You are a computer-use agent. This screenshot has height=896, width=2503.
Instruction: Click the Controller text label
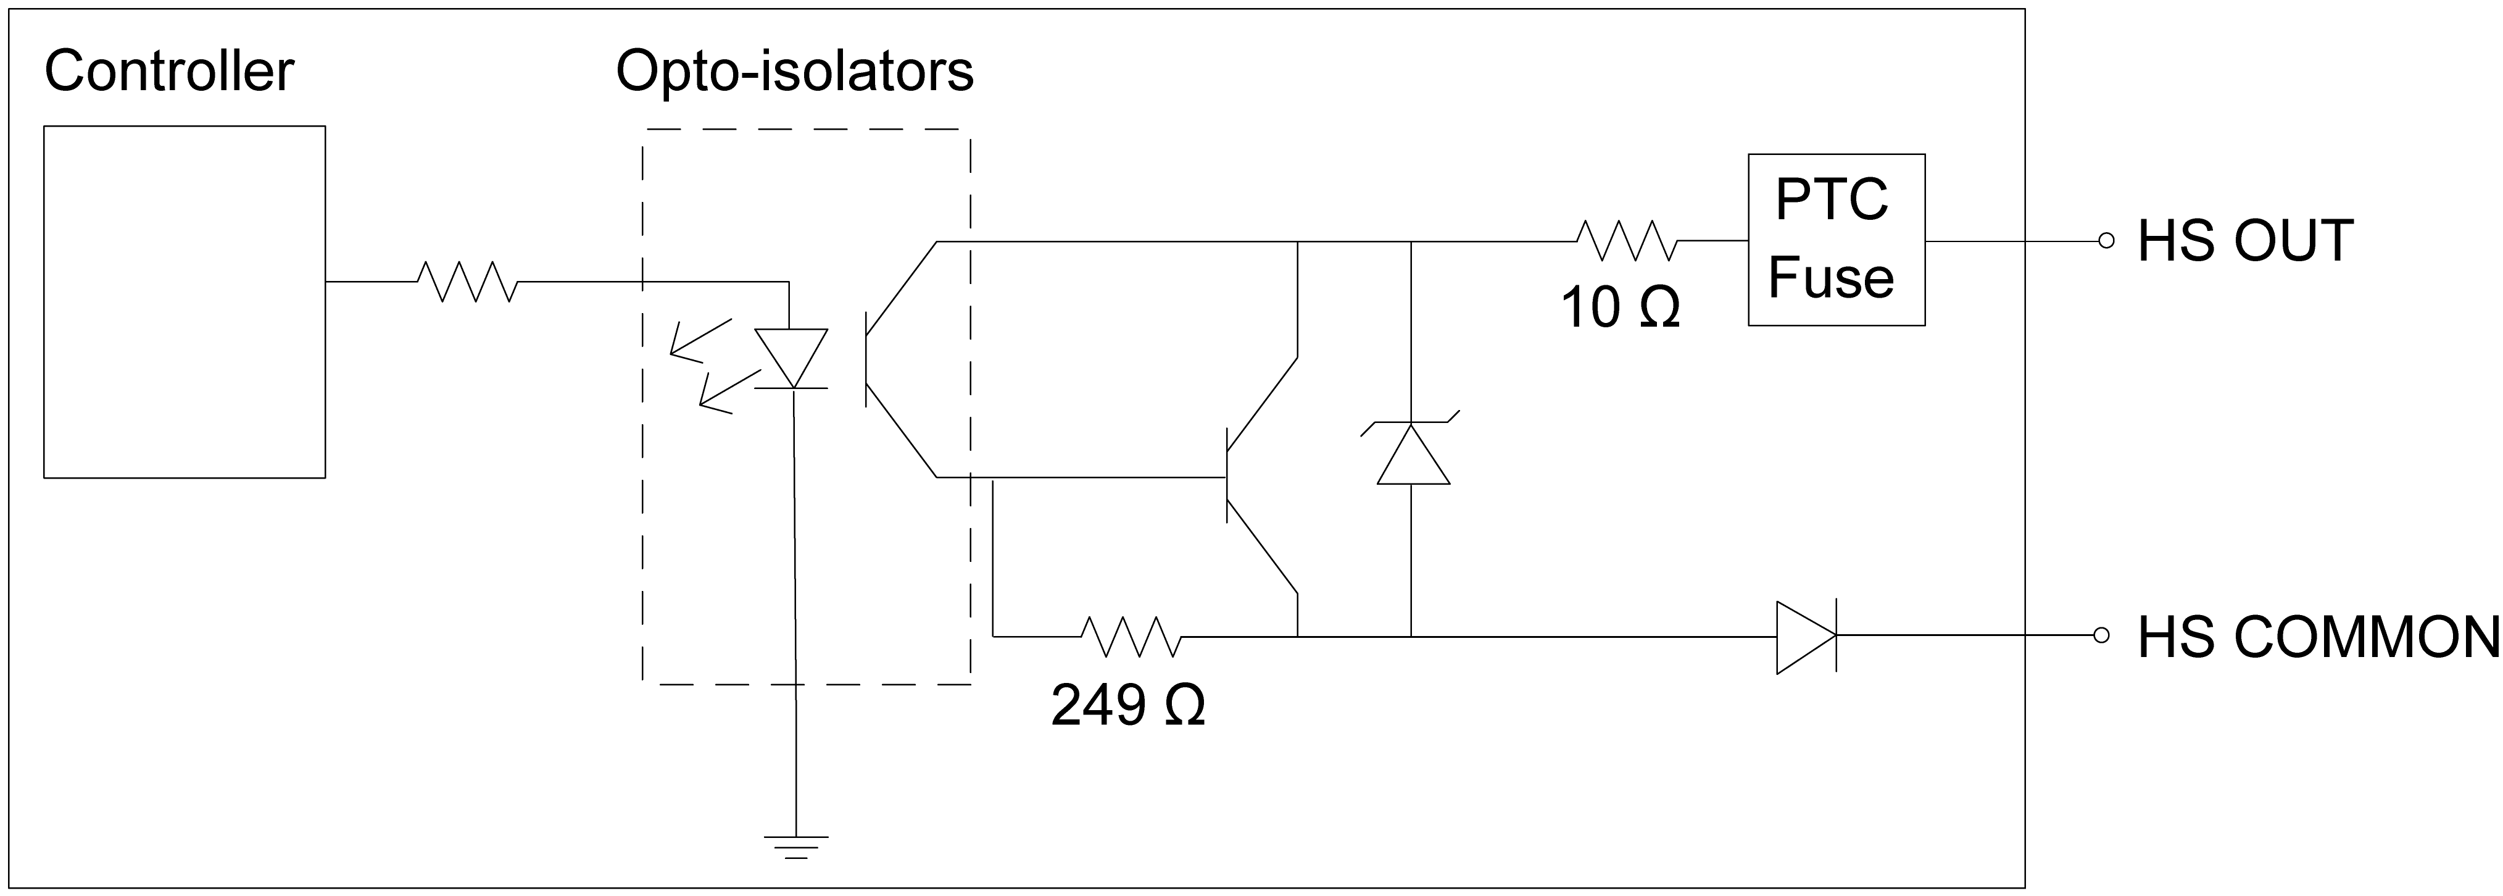[x=169, y=72]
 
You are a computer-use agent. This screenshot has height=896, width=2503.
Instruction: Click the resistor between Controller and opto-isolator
[x=467, y=281]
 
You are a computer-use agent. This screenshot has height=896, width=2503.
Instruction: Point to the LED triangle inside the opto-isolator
[x=791, y=358]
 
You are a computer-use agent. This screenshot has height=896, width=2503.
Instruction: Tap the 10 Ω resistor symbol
[x=1625, y=240]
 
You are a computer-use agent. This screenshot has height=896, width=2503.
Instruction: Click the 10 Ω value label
[x=1620, y=308]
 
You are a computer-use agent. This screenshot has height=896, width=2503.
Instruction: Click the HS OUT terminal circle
[x=2106, y=241]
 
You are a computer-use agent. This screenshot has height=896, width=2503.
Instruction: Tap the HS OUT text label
[x=2244, y=241]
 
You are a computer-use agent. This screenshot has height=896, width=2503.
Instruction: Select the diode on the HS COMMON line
[x=1805, y=637]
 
